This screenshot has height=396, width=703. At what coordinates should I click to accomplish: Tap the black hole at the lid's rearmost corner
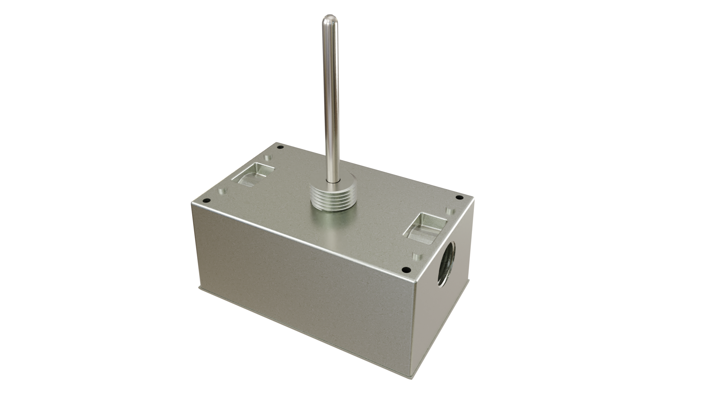(280, 148)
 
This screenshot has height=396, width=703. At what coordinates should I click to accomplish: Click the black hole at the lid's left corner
(205, 201)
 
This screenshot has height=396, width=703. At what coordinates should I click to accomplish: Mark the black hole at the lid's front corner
(405, 270)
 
